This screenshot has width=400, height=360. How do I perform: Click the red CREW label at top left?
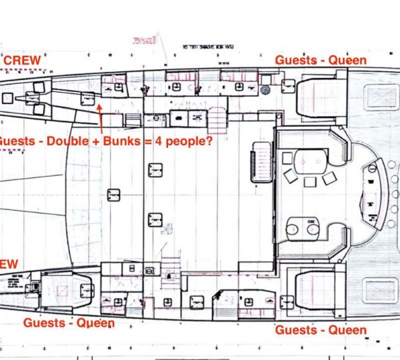click(x=22, y=60)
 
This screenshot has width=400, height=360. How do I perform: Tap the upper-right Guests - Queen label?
click(x=321, y=61)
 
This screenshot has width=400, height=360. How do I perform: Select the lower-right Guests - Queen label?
click(x=321, y=330)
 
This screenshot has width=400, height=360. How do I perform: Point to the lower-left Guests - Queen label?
click(x=69, y=323)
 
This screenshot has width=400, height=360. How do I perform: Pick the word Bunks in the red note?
click(x=139, y=141)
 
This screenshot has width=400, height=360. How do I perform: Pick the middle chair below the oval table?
click(x=309, y=181)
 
